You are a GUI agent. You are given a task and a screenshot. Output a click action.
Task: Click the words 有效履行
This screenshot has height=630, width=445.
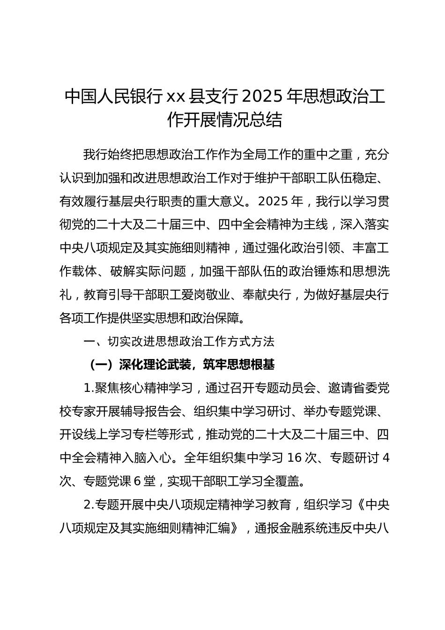84,201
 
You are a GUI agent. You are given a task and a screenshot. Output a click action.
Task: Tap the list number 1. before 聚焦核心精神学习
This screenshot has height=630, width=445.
89,388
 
